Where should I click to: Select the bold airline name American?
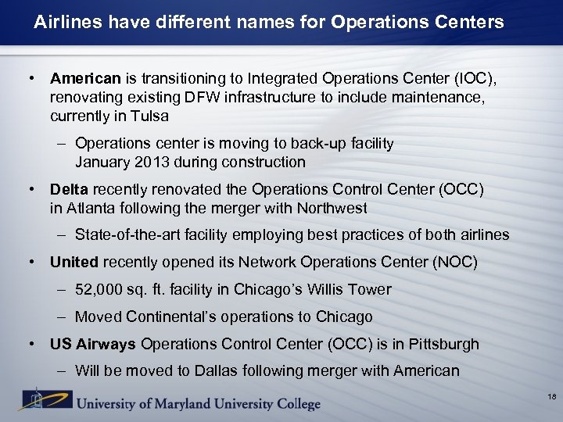tap(85, 79)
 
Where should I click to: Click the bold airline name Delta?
tap(69, 190)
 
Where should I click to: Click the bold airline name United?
tap(74, 263)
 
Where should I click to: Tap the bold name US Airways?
tap(93, 344)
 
